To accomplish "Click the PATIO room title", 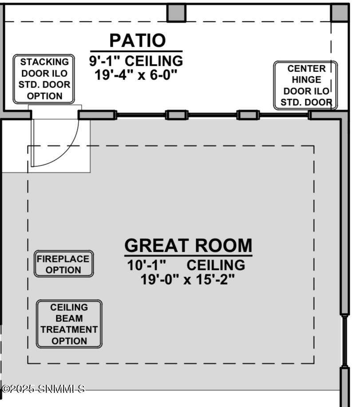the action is [137, 40].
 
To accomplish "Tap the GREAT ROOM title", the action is [188, 245].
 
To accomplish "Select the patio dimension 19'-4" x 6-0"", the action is [136, 75].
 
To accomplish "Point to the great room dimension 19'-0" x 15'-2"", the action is [187, 280].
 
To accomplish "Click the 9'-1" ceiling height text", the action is [136, 61].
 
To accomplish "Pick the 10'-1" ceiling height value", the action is [146, 265].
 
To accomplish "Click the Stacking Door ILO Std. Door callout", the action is [44, 79].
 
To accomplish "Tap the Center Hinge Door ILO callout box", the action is [305, 85].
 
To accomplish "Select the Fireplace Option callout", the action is [63, 264].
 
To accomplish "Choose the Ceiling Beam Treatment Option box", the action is [69, 324].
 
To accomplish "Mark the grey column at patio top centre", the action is [176, 13].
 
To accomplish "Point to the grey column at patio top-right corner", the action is [339, 13].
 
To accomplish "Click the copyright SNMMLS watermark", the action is [43, 388].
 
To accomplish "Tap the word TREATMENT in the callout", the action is [69, 329].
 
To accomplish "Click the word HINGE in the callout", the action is [306, 80].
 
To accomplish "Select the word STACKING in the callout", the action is [44, 62].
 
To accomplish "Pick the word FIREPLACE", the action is [63, 259].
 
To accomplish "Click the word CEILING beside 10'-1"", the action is [216, 265].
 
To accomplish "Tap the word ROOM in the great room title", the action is [223, 245].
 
